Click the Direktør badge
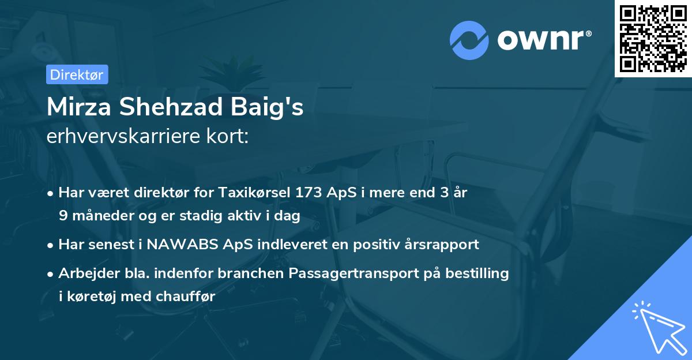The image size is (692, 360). pyautogui.click(x=77, y=75)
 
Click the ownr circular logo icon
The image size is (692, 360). pyautogui.click(x=469, y=40)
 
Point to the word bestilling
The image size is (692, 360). pyautogui.click(x=477, y=273)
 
